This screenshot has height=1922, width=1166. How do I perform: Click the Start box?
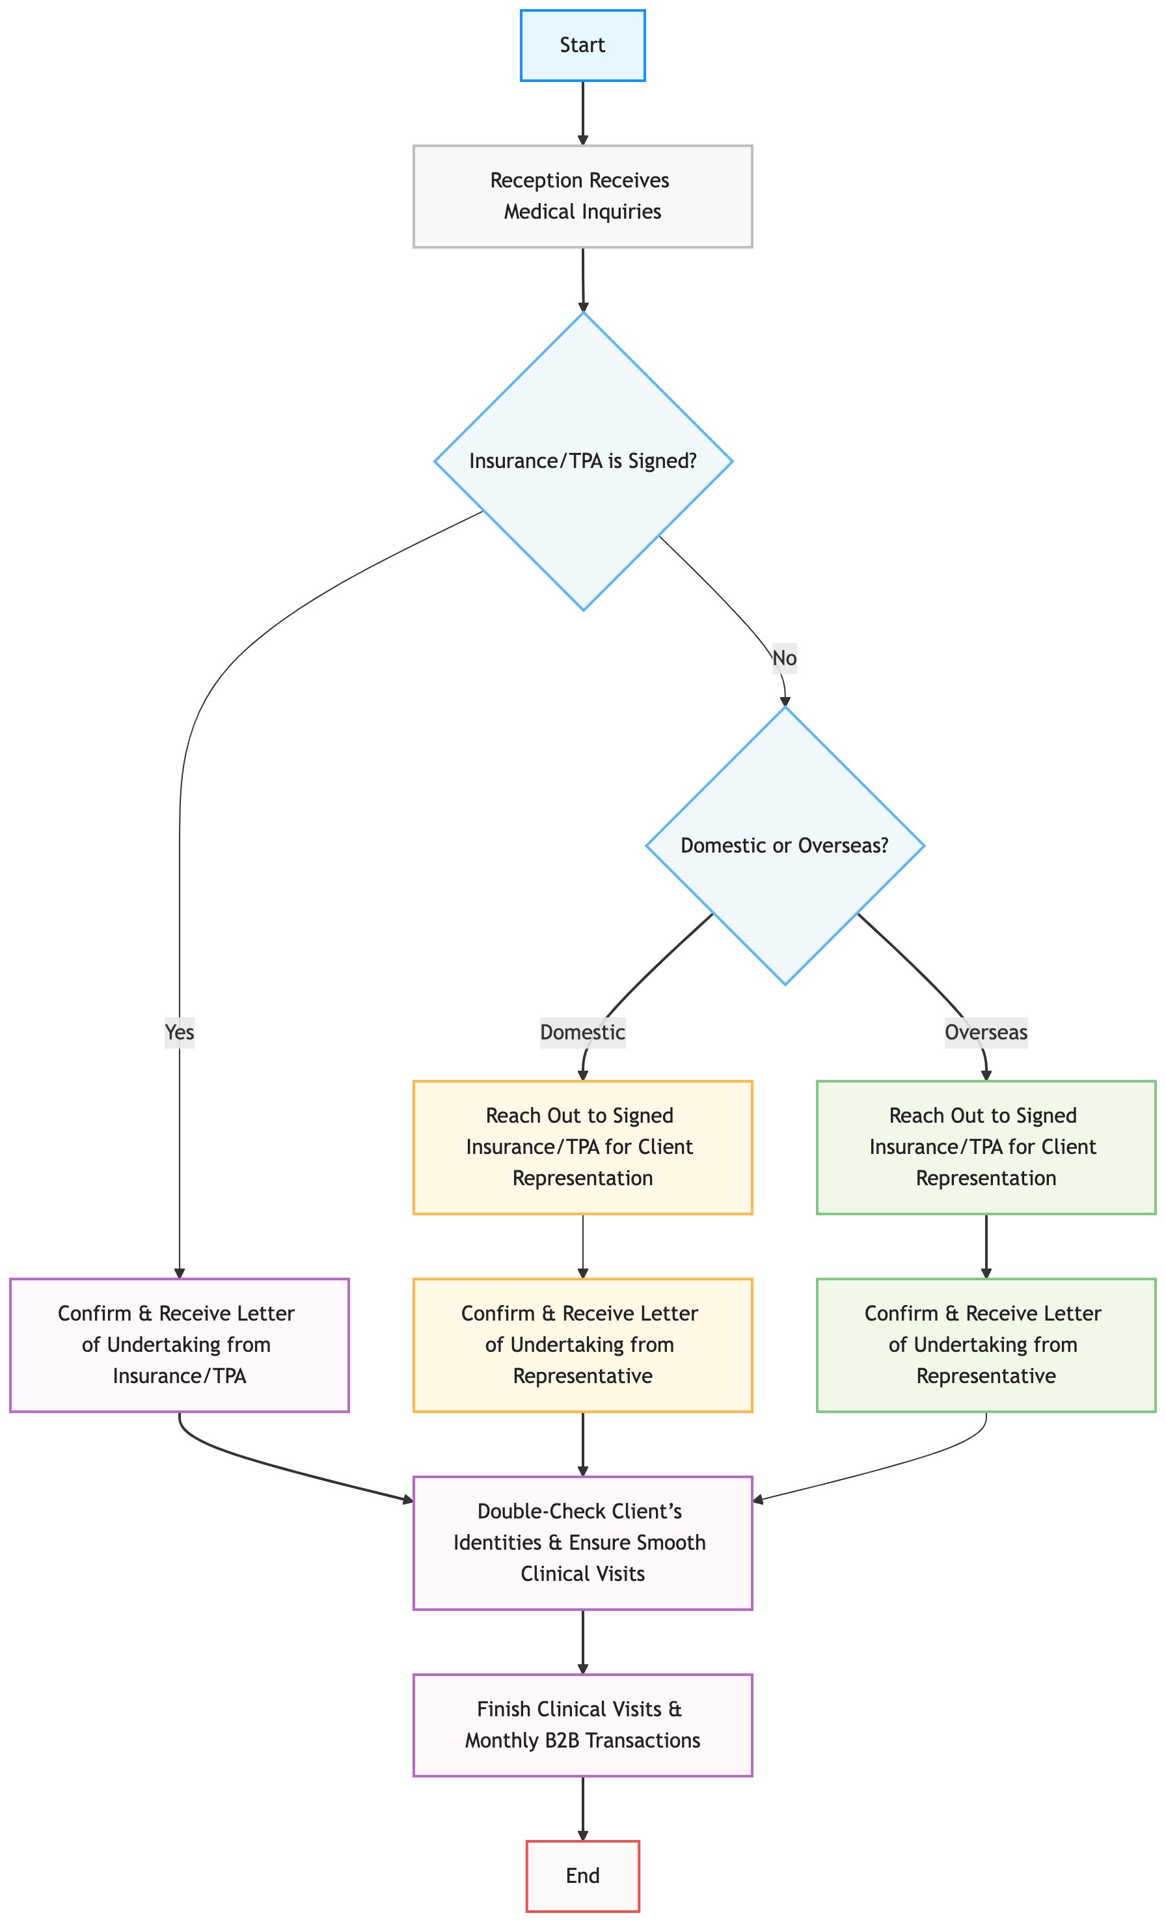tap(582, 46)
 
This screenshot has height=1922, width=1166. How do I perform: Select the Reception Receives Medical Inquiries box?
tap(582, 196)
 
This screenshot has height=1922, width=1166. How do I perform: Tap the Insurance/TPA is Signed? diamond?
tap(582, 461)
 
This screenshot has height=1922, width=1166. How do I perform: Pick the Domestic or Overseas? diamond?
tap(785, 845)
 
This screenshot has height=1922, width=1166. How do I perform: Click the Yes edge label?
tap(180, 1032)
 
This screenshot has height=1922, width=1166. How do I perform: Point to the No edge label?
tap(785, 658)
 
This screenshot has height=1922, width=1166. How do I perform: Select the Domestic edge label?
tap(582, 1032)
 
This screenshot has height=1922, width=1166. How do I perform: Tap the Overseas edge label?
tap(986, 1032)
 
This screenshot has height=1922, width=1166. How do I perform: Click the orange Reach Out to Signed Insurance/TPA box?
tap(582, 1147)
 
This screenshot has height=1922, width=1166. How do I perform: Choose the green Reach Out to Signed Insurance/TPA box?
tap(986, 1147)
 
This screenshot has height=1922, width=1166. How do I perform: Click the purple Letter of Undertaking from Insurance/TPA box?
tap(180, 1345)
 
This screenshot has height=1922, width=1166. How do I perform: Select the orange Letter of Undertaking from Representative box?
tap(582, 1345)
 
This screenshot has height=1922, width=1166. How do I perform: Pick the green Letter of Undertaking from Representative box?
tap(986, 1345)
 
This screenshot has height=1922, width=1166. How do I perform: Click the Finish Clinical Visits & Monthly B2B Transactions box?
tap(582, 1725)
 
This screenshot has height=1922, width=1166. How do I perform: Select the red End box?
tap(582, 1876)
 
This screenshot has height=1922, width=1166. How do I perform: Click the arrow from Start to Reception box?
tap(582, 113)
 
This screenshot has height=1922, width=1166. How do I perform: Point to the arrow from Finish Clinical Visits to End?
tap(582, 1808)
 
